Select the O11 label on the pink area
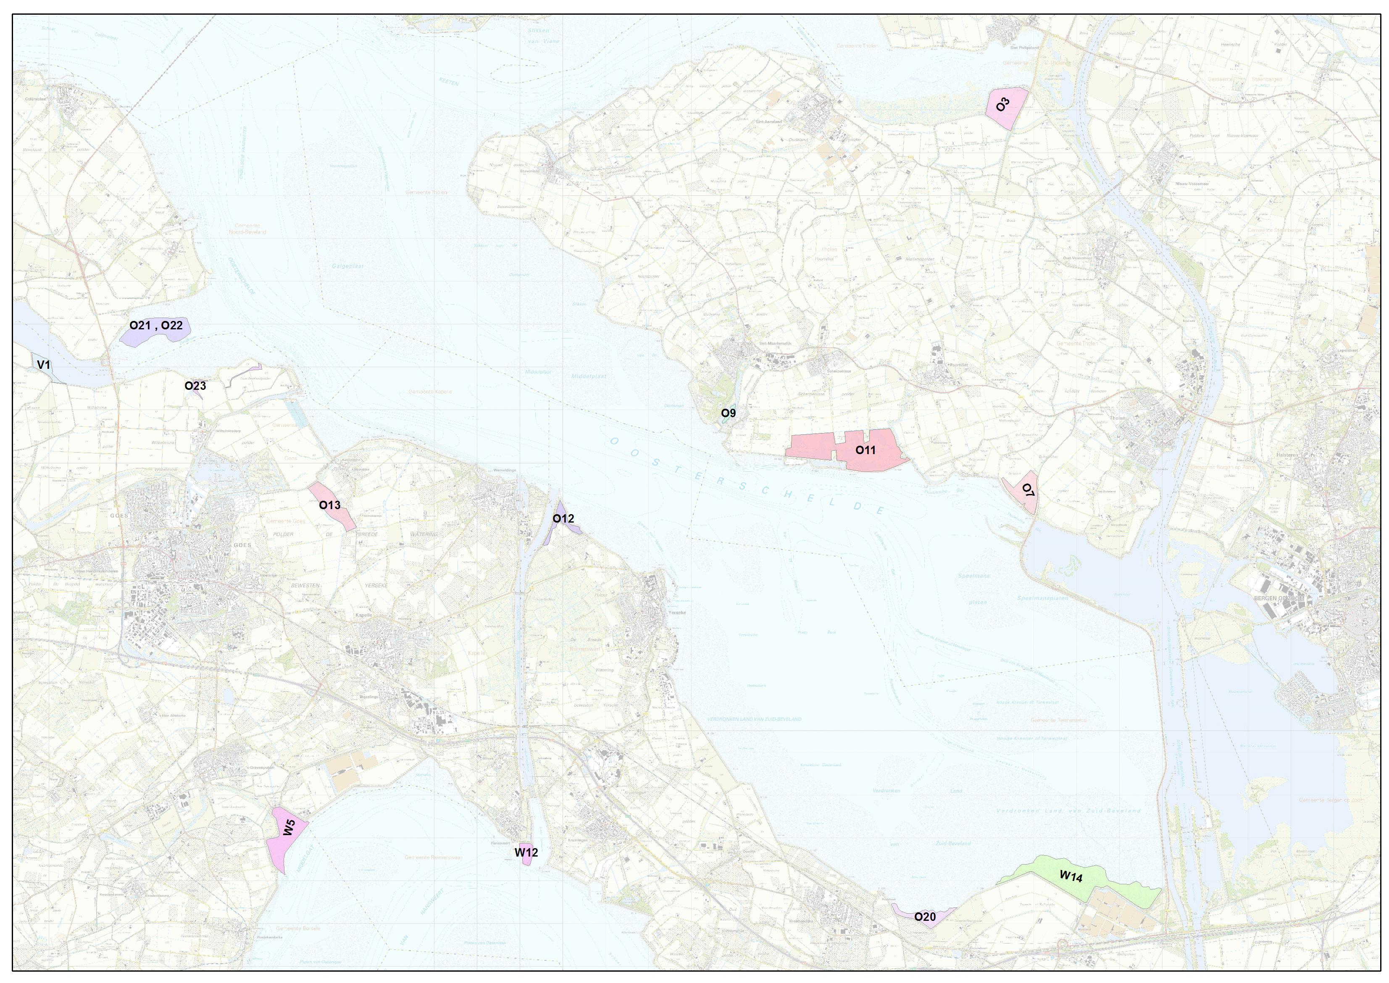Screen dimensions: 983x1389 pos(865,450)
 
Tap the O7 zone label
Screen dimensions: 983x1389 pos(1028,490)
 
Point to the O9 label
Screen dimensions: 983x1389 pos(728,413)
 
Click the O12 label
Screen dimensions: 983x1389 pos(563,519)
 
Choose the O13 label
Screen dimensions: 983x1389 pos(330,505)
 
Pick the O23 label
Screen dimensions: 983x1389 pos(195,386)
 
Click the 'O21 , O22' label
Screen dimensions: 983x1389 pos(155,326)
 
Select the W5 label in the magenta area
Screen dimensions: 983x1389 pos(289,828)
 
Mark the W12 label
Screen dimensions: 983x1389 pos(526,852)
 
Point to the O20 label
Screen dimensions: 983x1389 pos(925,917)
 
